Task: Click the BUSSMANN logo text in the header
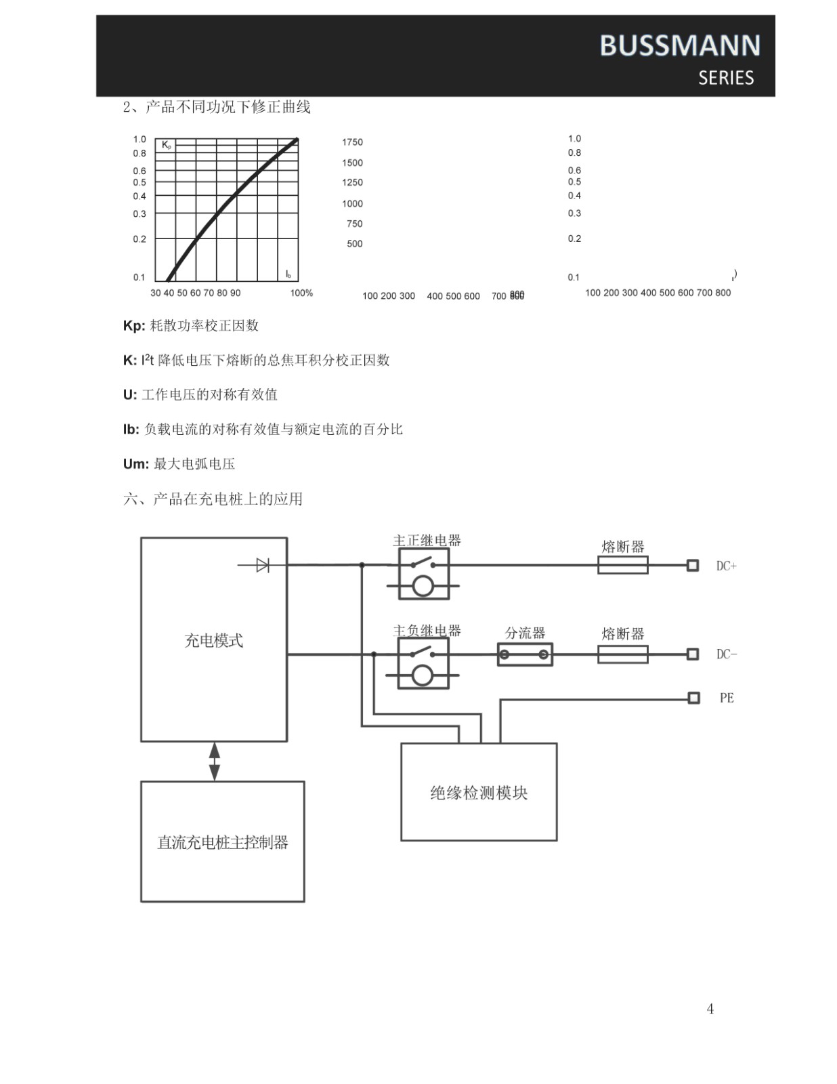pos(679,45)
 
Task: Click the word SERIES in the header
pos(726,78)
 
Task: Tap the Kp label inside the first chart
pos(167,145)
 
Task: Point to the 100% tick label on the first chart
pos(301,293)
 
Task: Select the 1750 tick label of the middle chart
pos(352,142)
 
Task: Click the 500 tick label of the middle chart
pos(354,244)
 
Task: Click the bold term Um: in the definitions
pos(135,464)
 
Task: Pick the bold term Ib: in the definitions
pos(131,430)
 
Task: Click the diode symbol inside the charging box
pos(262,565)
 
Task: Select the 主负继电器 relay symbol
pos(423,664)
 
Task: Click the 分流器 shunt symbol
pos(525,654)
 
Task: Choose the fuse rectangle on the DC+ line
pos(622,565)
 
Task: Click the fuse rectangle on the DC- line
pos(622,654)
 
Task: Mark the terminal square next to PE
pos(693,698)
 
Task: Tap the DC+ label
pos(726,566)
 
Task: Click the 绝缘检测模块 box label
pos(479,793)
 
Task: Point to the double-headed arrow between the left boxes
pos(215,762)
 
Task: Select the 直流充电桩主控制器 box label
pos(223,842)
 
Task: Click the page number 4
pos(710,1009)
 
